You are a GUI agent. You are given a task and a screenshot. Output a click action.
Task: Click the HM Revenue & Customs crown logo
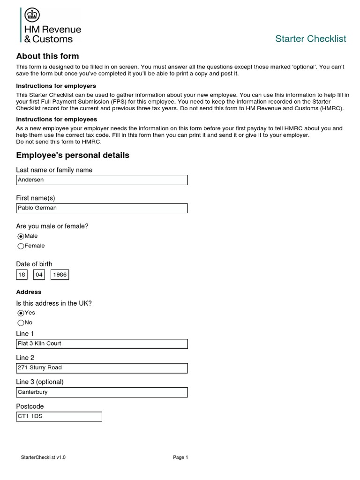tap(32, 15)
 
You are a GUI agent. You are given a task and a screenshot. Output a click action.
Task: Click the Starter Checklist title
tap(310, 38)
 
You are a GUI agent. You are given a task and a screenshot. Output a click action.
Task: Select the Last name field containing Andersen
tap(102, 180)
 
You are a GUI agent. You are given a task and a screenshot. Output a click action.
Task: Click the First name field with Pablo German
tap(102, 208)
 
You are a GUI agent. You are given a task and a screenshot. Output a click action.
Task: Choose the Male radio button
tap(21, 237)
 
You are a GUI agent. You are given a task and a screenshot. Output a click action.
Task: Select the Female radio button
tap(21, 246)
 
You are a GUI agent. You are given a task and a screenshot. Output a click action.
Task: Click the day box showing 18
tap(22, 275)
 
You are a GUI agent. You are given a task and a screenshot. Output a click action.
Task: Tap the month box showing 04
tap(39, 275)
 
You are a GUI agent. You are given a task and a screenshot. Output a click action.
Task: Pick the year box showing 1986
tap(60, 275)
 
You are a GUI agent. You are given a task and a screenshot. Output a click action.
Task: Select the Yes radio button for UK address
tap(21, 313)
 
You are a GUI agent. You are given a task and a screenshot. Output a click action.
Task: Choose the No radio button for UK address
tap(21, 323)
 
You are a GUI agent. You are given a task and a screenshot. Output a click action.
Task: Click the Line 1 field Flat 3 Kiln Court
tap(102, 344)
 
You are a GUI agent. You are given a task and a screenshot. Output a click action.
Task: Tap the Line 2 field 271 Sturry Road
tap(102, 368)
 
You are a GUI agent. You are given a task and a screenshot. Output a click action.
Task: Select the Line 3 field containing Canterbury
tap(102, 392)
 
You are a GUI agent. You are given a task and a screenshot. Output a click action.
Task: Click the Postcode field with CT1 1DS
tap(59, 416)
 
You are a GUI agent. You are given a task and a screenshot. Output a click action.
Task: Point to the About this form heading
tap(47, 56)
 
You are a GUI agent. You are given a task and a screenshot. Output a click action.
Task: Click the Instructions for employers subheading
tap(56, 86)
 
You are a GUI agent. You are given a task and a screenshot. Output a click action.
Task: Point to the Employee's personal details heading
tap(73, 155)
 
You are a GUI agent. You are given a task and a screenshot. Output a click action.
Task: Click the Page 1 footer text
tap(180, 457)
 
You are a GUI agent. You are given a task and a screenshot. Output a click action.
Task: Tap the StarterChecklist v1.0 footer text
tap(43, 457)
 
